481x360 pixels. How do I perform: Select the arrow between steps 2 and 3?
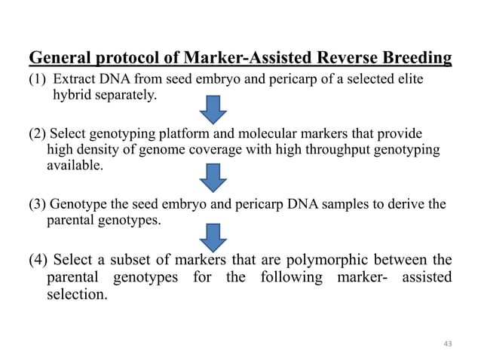coord(213,179)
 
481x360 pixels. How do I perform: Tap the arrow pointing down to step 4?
coord(213,237)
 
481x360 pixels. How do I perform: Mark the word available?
coord(75,166)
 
